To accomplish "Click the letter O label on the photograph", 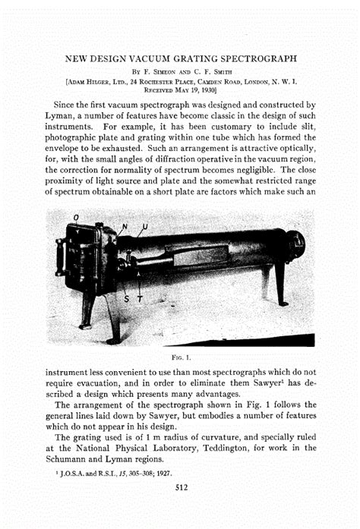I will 74,219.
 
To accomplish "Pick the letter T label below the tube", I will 139,299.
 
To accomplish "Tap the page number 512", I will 181,487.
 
